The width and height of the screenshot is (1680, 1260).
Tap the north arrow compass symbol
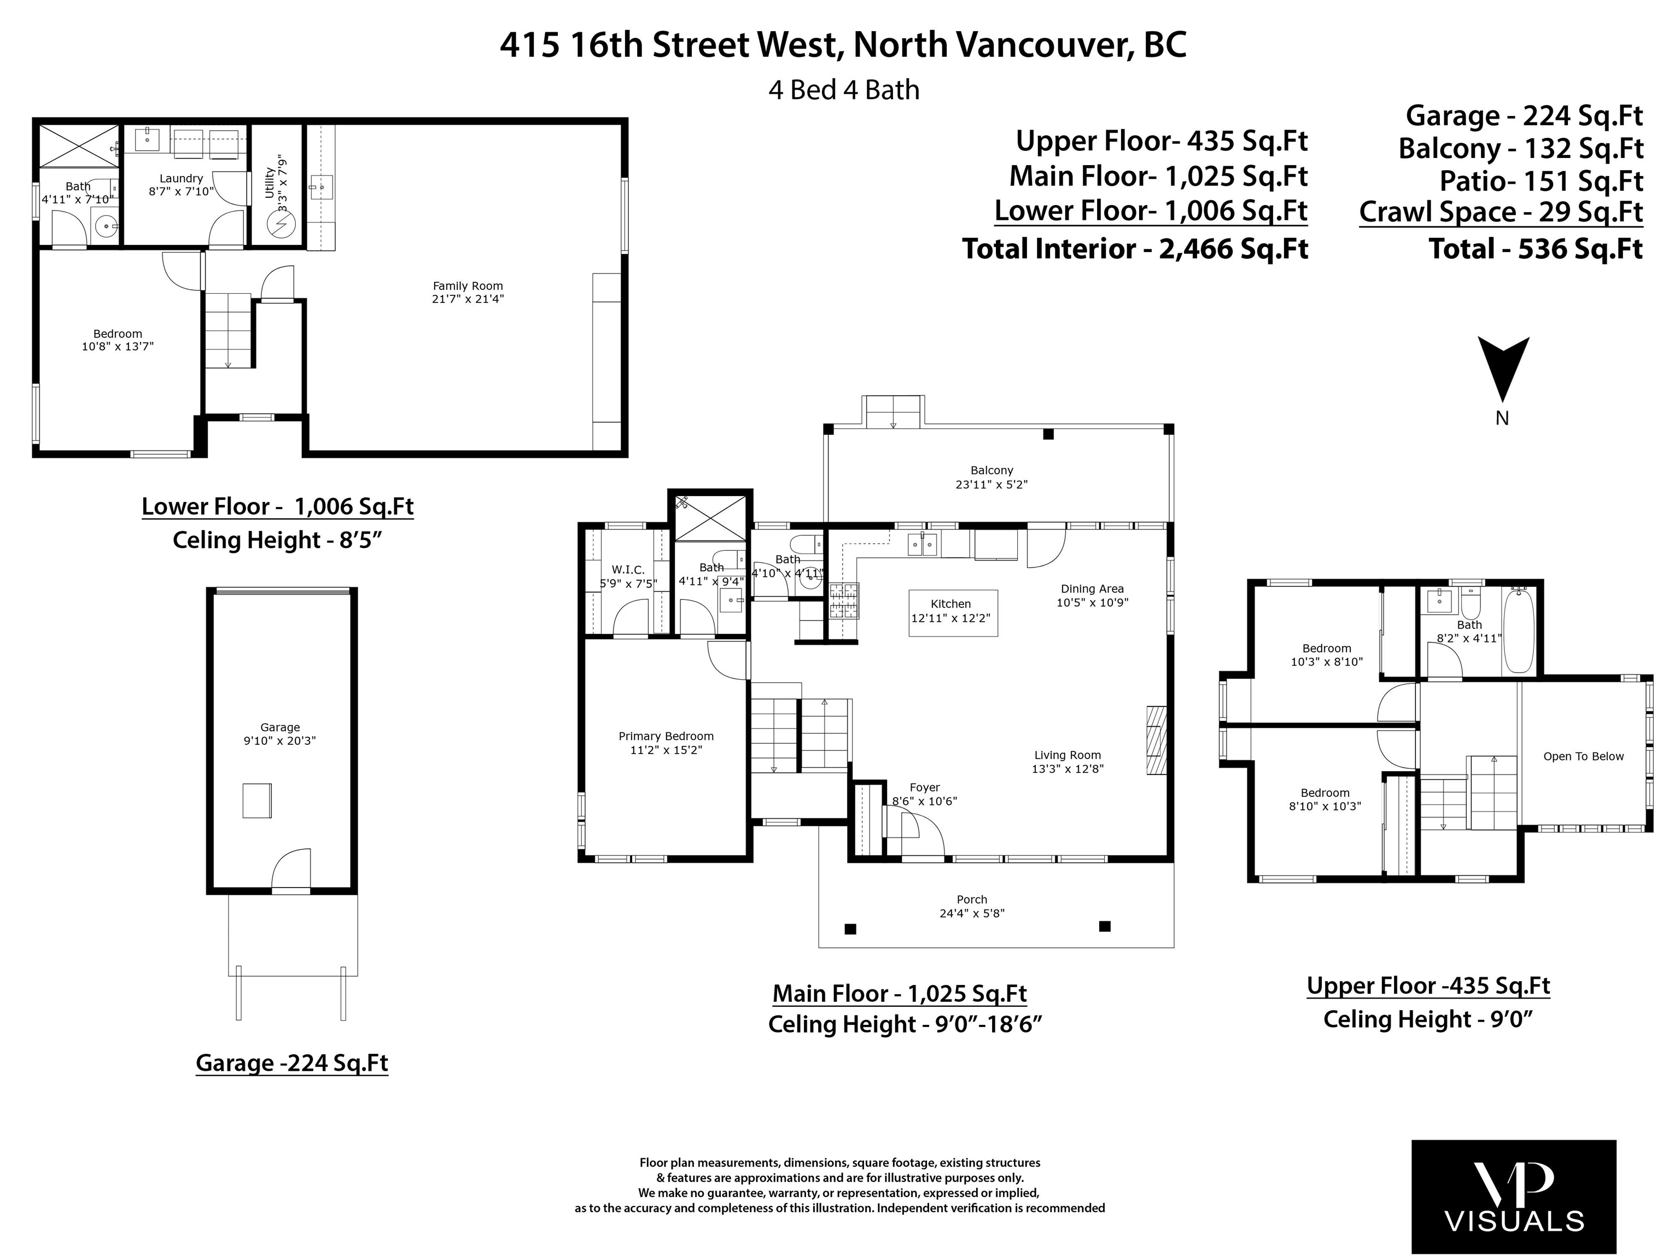tap(1503, 370)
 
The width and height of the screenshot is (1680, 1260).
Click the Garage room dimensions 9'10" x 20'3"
tap(279, 741)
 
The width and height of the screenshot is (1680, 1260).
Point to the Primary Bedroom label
tap(666, 736)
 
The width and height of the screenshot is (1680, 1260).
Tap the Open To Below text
tap(1584, 756)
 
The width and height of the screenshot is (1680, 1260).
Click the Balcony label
tap(992, 471)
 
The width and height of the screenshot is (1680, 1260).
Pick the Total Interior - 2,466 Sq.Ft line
tap(1135, 248)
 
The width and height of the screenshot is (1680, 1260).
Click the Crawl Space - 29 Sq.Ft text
tap(1501, 212)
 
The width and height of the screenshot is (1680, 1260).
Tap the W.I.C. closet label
tap(628, 570)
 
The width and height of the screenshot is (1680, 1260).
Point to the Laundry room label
tap(182, 178)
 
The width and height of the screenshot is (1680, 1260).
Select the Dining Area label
tap(1092, 588)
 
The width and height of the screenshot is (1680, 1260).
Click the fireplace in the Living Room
tap(1157, 740)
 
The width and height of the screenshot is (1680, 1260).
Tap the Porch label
tap(972, 899)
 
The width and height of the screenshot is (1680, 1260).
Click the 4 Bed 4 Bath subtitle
tap(844, 90)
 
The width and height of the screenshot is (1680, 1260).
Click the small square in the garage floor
tap(256, 801)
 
